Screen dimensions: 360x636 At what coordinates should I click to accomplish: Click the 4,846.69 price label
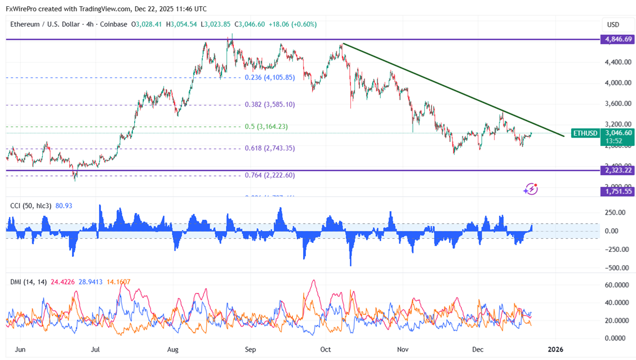617,39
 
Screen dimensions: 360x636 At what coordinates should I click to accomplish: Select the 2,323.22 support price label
617,170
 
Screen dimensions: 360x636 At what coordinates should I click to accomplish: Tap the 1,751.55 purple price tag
617,192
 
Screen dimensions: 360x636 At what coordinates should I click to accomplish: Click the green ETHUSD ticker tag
585,134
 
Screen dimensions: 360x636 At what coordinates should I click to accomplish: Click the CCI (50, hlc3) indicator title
30,206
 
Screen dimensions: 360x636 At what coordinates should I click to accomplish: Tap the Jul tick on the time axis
96,349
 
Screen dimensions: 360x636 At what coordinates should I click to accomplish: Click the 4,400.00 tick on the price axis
616,62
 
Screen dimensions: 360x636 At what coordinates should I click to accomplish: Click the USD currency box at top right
613,25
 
